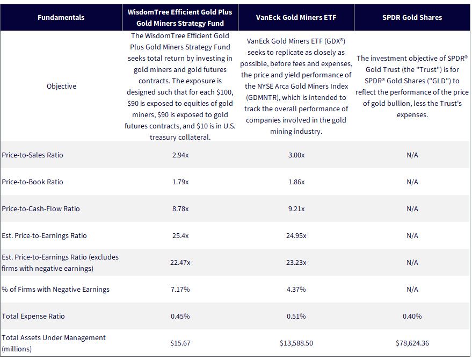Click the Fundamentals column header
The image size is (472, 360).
pyautogui.click(x=61, y=18)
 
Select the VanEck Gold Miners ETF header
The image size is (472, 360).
pyautogui.click(x=296, y=18)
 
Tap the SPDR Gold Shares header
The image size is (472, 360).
pyautogui.click(x=412, y=18)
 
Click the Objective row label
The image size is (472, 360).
pyautogui.click(x=61, y=86)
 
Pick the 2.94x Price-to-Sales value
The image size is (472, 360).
pyautogui.click(x=180, y=155)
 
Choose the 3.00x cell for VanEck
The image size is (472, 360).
pyautogui.click(x=296, y=155)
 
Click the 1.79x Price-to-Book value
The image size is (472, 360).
pyautogui.click(x=180, y=182)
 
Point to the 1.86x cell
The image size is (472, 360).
pyautogui.click(x=296, y=182)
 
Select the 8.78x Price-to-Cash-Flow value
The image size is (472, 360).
pyautogui.click(x=180, y=208)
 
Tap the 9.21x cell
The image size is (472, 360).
pyautogui.click(x=296, y=208)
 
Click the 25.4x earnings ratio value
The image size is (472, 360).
pyautogui.click(x=180, y=235)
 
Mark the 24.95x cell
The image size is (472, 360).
pyautogui.click(x=296, y=235)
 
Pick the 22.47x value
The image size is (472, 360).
pyautogui.click(x=180, y=262)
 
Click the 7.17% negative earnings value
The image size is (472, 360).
pyautogui.click(x=180, y=289)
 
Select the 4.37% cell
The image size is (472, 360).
pyautogui.click(x=296, y=289)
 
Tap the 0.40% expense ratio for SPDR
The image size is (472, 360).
pyautogui.click(x=412, y=316)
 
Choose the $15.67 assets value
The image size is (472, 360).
pyautogui.click(x=180, y=343)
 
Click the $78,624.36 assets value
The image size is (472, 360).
pyautogui.click(x=412, y=343)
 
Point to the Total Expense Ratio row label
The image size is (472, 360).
pyautogui.click(x=33, y=316)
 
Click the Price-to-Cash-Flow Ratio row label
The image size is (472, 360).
pyautogui.click(x=41, y=208)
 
